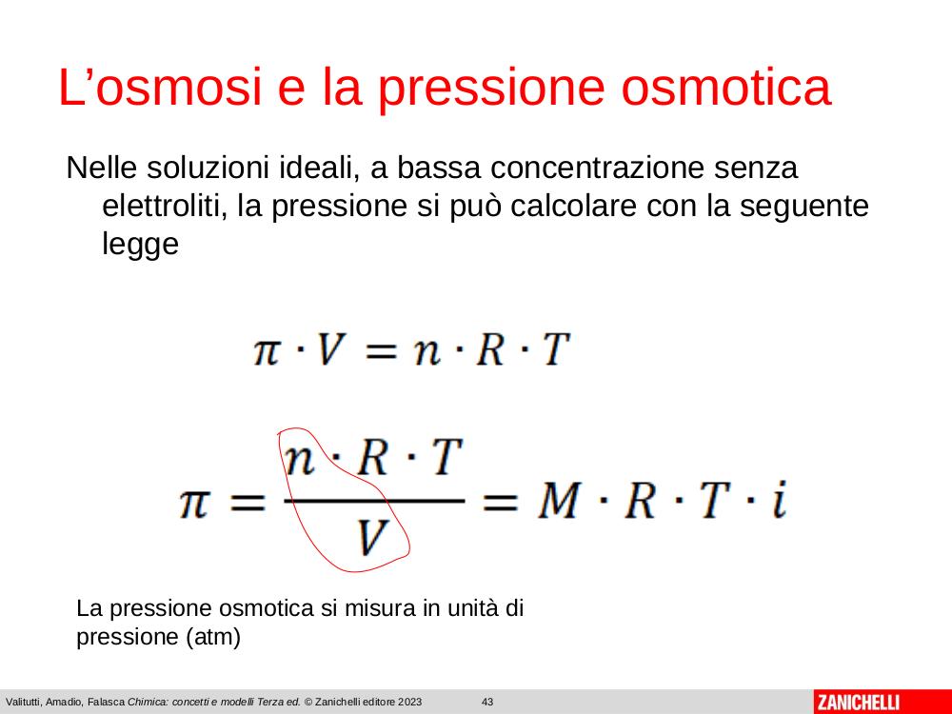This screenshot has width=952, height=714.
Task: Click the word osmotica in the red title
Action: (x=725, y=87)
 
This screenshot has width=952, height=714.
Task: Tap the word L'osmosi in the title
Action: (x=160, y=87)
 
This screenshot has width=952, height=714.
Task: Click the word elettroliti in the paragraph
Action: (x=164, y=206)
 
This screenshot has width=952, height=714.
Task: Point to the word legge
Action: (x=140, y=244)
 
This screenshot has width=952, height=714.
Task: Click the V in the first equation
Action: (x=332, y=349)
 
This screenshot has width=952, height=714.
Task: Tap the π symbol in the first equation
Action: (x=268, y=351)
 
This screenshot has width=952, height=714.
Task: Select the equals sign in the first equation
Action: (x=380, y=351)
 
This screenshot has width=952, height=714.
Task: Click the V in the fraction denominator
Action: (x=371, y=538)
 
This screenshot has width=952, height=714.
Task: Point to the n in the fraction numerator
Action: (x=301, y=460)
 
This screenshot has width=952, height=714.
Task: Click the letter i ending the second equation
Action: (x=780, y=500)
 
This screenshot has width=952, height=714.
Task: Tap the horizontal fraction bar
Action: (x=374, y=501)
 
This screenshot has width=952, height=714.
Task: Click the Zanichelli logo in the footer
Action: (x=858, y=703)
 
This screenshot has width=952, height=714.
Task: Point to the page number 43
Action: (x=487, y=702)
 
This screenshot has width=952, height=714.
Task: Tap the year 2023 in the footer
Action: (x=409, y=702)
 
